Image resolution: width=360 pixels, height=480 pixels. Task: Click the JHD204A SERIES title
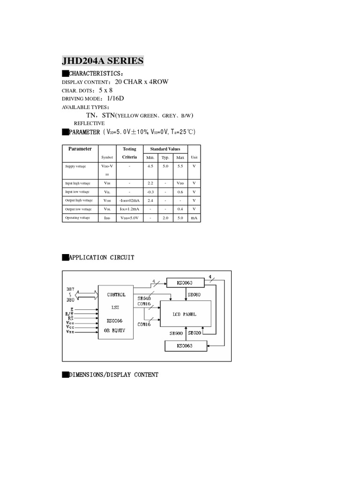tap(103, 61)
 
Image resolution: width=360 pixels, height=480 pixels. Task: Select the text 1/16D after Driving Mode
tap(116, 98)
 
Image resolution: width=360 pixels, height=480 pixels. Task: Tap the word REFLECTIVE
tap(89, 123)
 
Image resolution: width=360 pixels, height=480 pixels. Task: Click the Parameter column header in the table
tap(80, 149)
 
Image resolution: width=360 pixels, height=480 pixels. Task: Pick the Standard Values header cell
tap(165, 149)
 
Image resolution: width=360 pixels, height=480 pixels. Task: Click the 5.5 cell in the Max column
tap(180, 166)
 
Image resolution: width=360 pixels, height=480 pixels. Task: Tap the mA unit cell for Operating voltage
tap(194, 217)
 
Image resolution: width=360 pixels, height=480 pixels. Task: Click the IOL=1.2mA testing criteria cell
tap(129, 209)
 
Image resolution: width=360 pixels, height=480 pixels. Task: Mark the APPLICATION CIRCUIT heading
tap(101, 257)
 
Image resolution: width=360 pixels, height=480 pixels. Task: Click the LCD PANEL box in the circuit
tap(184, 314)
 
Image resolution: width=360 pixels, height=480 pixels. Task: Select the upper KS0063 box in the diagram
tap(186, 283)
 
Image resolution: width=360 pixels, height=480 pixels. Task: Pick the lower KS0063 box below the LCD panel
tap(185, 346)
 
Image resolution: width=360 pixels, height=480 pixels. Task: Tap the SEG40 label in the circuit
tap(144, 298)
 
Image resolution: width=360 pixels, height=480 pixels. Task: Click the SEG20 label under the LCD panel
tap(195, 333)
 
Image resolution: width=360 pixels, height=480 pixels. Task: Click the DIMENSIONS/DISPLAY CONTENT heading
tap(113, 375)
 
